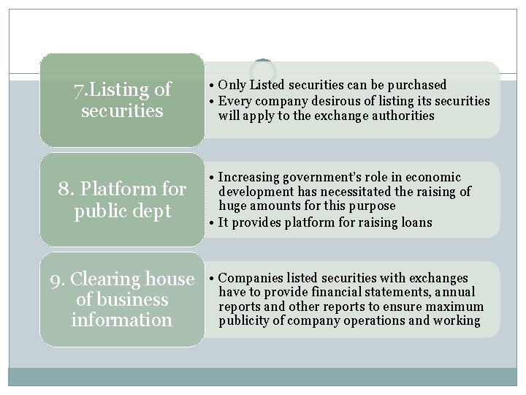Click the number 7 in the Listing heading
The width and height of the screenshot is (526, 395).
coord(78,91)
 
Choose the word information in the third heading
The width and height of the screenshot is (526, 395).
coord(122,320)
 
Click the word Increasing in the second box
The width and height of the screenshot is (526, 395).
coord(251,177)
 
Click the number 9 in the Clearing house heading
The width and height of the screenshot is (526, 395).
coord(55,279)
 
